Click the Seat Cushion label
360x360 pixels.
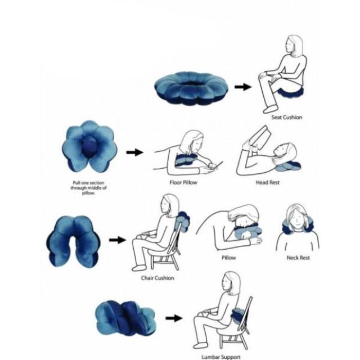pos(286,118)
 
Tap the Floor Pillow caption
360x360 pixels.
pos(183,183)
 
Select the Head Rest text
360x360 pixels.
pos(268,183)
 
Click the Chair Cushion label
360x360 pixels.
pos(157,278)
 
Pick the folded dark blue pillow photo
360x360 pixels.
pos(124,317)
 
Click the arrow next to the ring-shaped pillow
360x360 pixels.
pos(242,87)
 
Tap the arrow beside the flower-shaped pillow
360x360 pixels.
pos(134,152)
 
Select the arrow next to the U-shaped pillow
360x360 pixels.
pos(116,240)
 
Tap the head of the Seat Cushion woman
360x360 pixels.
pos(293,47)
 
